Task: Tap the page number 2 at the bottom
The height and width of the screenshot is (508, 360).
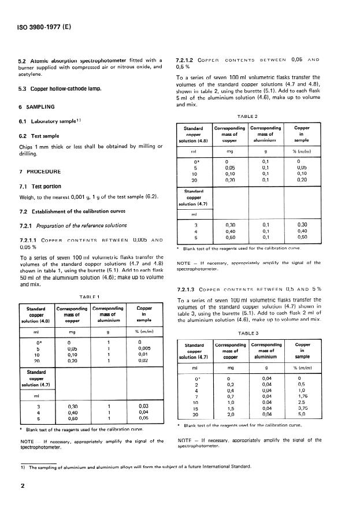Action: coord(23,487)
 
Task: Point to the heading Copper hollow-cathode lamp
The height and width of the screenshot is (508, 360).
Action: coord(60,88)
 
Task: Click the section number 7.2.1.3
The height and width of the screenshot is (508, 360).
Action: coord(187,288)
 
